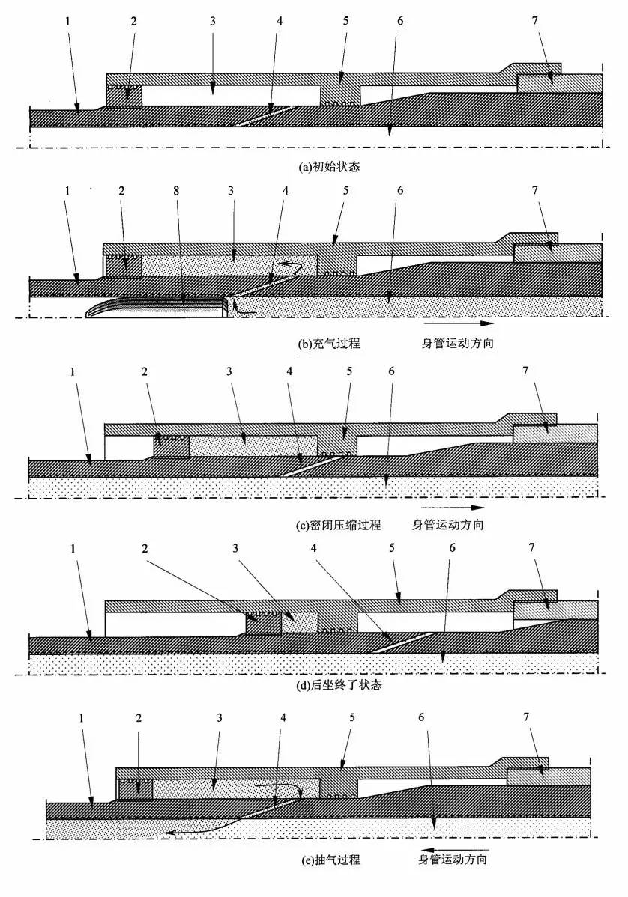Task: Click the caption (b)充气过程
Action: [330, 344]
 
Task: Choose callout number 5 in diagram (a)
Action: [345, 20]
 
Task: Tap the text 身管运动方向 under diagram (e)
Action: [453, 860]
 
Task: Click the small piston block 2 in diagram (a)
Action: [124, 96]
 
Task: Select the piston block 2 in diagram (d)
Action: [264, 623]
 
